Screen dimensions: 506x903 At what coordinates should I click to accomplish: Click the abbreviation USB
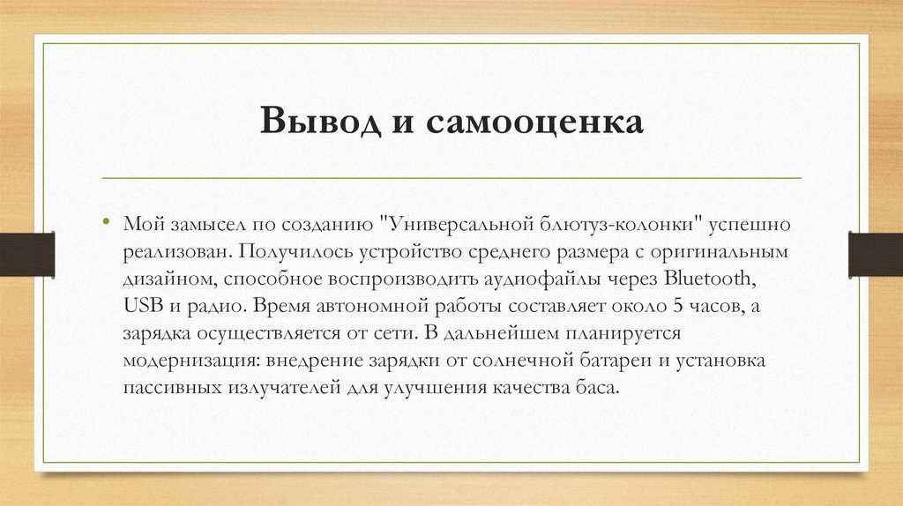pyautogui.click(x=141, y=308)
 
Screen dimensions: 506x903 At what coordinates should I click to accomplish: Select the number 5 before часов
pyautogui.click(x=677, y=308)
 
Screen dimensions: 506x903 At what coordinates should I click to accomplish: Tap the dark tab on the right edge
pyautogui.click(x=875, y=254)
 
